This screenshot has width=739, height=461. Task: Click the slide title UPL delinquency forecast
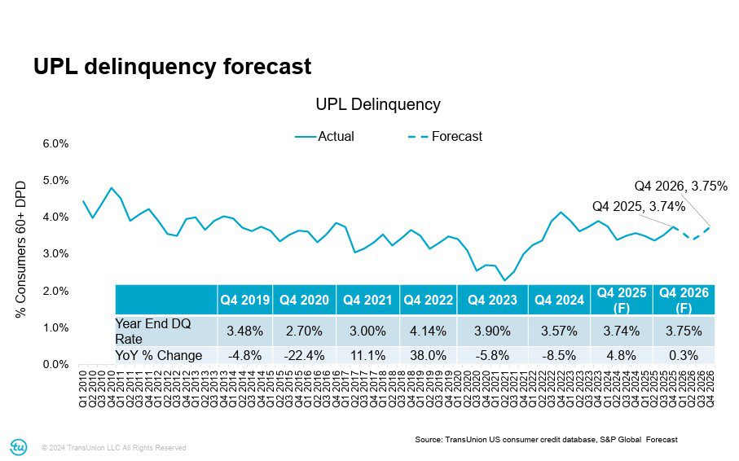pos(172,67)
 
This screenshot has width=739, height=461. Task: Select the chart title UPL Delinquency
pos(377,104)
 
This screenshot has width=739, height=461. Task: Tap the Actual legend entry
pos(325,137)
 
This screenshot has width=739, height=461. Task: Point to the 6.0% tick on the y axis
pos(55,143)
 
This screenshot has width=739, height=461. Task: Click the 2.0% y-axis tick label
pos(55,291)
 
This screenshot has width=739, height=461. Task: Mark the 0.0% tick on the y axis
pos(55,365)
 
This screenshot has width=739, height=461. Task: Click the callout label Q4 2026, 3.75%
pos(680,185)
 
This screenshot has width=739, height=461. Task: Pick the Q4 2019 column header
pos(244,300)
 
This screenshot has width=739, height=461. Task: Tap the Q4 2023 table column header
pos(492,300)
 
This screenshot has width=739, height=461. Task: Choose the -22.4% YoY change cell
pos(304,355)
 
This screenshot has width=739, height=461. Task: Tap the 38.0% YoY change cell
pos(429,355)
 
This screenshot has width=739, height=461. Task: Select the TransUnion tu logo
pos(18,446)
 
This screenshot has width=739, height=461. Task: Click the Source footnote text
pos(546,440)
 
